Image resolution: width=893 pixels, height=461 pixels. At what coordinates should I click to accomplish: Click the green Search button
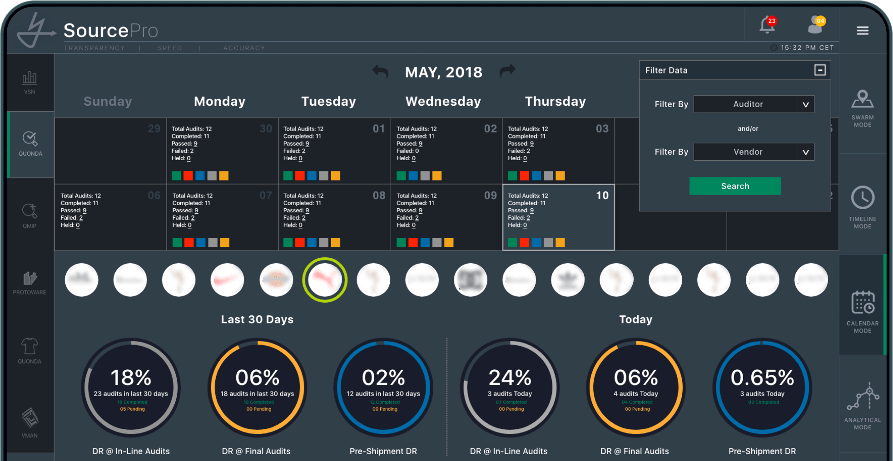735,186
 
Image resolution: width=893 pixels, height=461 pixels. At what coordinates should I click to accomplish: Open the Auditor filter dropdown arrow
805,104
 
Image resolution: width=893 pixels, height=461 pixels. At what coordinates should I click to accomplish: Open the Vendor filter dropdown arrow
805,152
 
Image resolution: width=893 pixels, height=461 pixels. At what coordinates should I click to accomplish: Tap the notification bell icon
767,25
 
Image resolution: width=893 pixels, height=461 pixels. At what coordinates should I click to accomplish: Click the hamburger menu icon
862,30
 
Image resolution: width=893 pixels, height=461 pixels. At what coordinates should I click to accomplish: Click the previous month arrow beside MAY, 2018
381,72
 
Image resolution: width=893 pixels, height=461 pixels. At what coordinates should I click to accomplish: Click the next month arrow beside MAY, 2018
507,71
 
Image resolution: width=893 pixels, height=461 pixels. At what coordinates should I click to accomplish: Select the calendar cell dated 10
558,217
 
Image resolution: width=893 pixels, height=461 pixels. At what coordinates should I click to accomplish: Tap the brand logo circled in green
325,280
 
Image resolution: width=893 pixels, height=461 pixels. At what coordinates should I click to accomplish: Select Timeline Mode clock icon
862,199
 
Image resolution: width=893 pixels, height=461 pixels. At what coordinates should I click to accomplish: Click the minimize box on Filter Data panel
819,70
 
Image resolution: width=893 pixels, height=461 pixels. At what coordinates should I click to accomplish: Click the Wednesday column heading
443,101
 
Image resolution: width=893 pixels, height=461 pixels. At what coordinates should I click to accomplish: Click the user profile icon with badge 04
815,25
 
